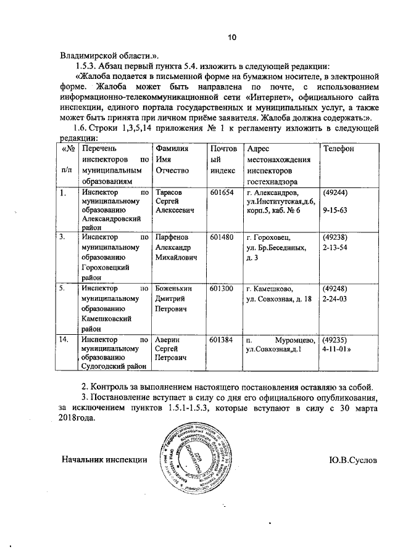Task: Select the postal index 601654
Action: (x=222, y=193)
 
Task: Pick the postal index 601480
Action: (x=222, y=237)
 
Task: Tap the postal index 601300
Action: (x=222, y=289)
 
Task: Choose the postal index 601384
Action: (x=222, y=340)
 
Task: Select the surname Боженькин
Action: (x=175, y=289)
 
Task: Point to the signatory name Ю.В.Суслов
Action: (x=353, y=460)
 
